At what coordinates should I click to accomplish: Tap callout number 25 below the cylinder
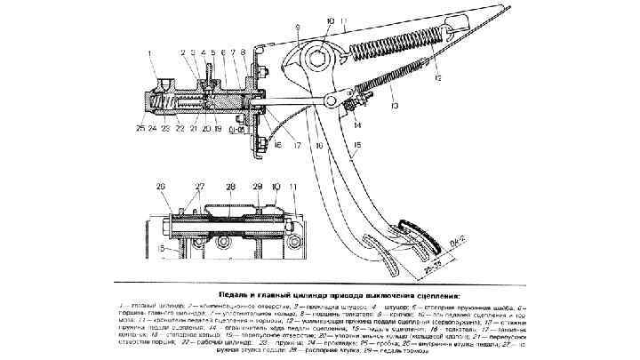click(x=141, y=127)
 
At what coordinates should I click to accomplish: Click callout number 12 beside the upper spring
click(x=438, y=78)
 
